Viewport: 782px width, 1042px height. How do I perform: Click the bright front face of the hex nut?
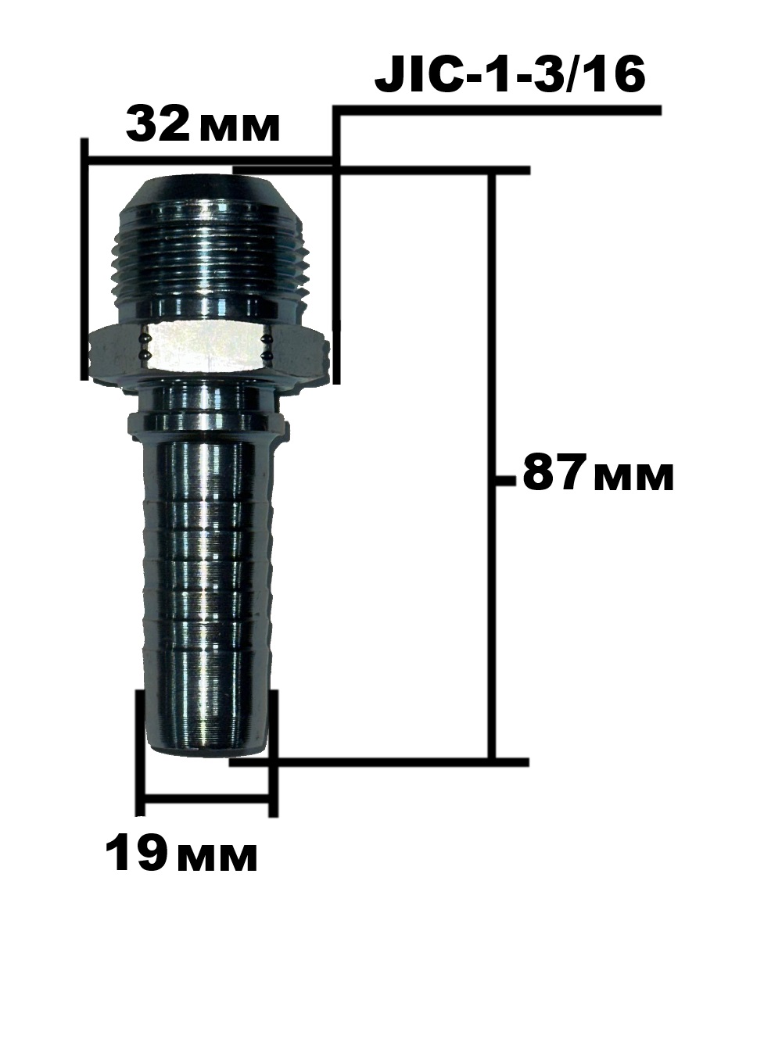(206, 347)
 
